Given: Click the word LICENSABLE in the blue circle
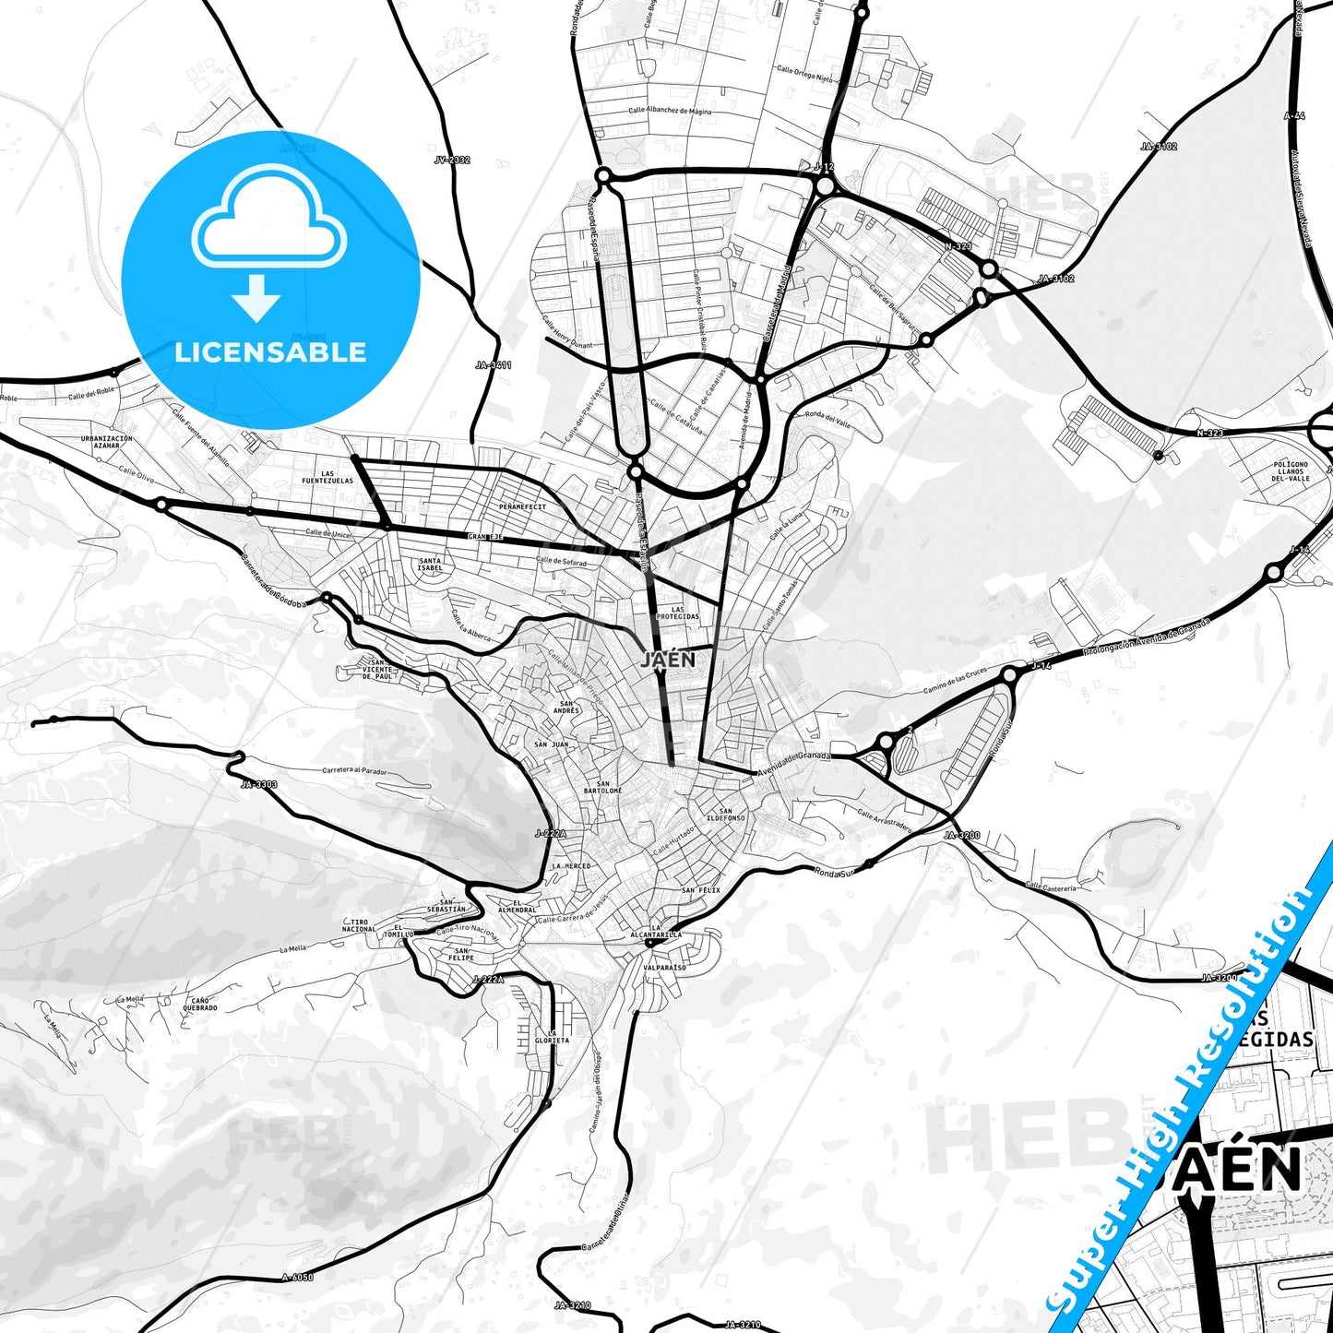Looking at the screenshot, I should pos(270,352).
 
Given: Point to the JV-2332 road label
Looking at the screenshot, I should pos(452,160).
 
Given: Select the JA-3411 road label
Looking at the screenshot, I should pos(494,365).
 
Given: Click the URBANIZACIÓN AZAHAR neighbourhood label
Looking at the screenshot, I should pos(107,442).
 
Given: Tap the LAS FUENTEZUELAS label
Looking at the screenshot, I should pos(327,477).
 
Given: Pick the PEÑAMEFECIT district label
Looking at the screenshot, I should pos(522,506).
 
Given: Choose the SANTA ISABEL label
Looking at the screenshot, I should pos(430,564).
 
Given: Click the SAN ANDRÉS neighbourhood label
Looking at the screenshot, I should pos(566,708).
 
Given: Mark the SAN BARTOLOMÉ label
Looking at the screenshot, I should pos(602,787).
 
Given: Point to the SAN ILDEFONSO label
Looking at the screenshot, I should pos(726,815).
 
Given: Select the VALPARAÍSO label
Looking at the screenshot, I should pos(666,968).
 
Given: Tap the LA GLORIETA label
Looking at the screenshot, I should pos(552,1037).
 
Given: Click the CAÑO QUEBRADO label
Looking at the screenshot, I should pos(199,1004).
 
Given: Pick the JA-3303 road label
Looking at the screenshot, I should pos(259,785).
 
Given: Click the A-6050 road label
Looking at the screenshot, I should pos(298,1278).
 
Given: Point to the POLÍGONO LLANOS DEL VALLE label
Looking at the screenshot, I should pos(1291,471).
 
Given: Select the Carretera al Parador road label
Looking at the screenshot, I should pos(355,770).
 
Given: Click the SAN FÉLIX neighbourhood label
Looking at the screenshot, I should pos(701,890).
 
